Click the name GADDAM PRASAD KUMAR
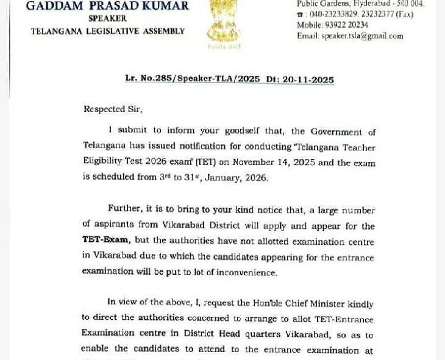tap(107, 6)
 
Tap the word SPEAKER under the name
tap(107, 18)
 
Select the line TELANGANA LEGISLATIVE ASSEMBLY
tap(108, 31)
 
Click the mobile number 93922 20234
tap(350, 25)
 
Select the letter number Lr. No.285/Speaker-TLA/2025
tap(193, 79)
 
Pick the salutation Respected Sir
tap(113, 110)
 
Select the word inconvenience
tap(244, 273)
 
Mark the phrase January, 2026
tap(240, 178)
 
